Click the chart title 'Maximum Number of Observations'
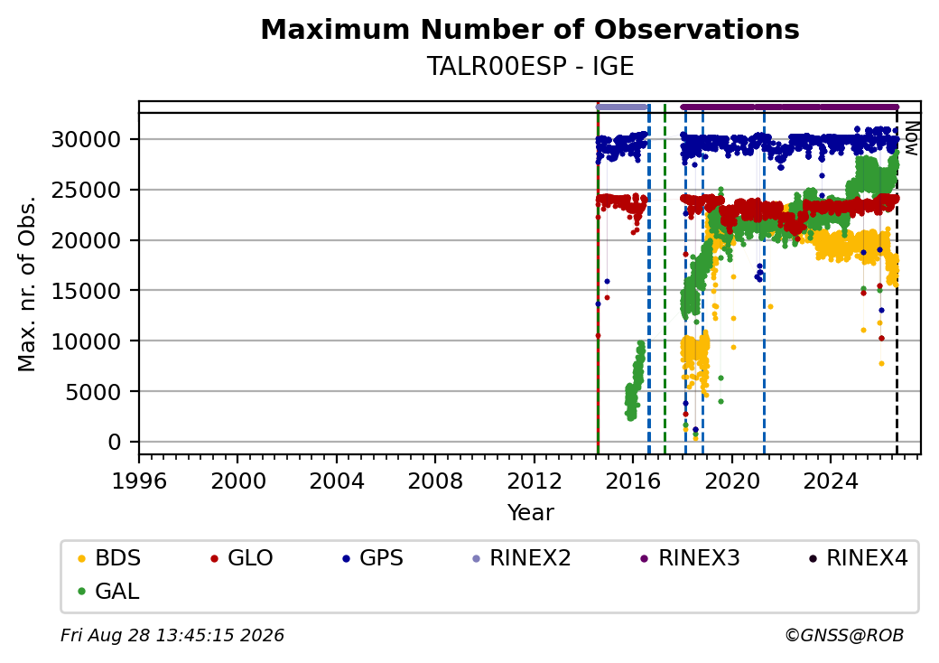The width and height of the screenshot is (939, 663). click(530, 29)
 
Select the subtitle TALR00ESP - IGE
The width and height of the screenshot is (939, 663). click(530, 66)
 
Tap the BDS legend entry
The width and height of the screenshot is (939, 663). click(109, 558)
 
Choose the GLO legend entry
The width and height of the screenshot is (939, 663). click(242, 558)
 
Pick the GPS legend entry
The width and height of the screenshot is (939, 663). click(373, 558)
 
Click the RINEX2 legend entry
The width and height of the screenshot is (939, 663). click(522, 558)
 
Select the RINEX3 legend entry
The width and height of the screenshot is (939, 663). click(691, 558)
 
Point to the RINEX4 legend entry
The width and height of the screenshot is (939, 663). click(858, 558)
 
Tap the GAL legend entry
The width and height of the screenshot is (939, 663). click(109, 591)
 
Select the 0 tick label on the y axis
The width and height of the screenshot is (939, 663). click(115, 442)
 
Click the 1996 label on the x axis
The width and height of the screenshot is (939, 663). click(139, 481)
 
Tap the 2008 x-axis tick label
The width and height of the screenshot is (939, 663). click(435, 481)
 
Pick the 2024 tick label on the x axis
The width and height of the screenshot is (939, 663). click(831, 481)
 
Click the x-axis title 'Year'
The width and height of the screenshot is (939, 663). click(531, 513)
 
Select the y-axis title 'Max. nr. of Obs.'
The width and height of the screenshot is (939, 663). click(27, 284)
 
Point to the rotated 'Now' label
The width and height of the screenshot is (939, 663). click(911, 138)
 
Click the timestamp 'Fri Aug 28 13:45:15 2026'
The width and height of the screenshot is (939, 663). click(172, 635)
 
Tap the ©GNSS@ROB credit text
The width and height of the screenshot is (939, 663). click(844, 635)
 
